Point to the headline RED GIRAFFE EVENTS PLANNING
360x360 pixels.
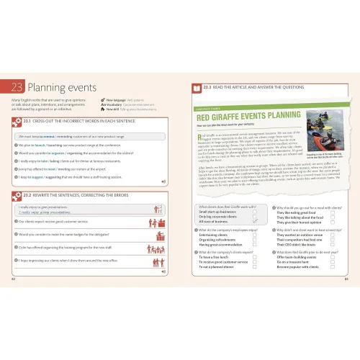tap(243, 118)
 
